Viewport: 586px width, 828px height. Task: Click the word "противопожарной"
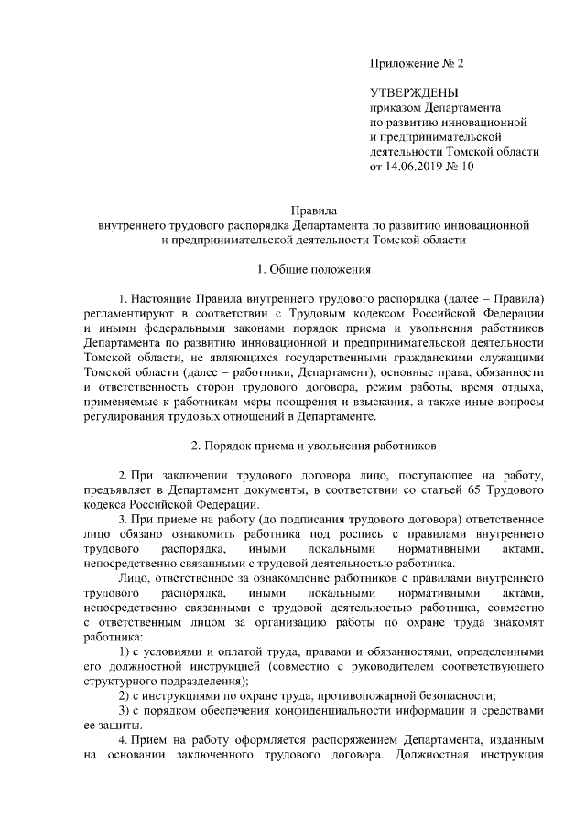pyautogui.click(x=346, y=696)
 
